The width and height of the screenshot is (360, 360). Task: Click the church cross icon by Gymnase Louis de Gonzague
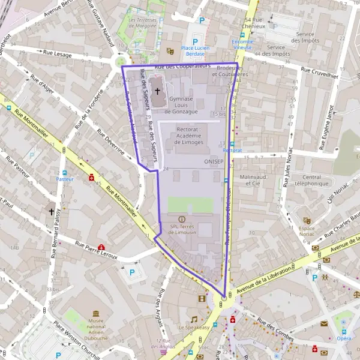click(158, 92)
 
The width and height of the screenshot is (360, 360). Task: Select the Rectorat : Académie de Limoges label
click(190, 135)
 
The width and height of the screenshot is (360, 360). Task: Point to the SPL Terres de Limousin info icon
click(181, 219)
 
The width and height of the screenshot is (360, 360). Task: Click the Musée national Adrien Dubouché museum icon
click(97, 313)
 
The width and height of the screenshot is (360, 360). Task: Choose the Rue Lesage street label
click(57, 53)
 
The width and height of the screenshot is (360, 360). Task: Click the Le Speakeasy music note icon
click(194, 319)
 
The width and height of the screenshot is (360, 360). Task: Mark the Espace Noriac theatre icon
click(307, 221)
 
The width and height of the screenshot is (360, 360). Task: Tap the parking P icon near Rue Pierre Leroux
click(132, 272)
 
